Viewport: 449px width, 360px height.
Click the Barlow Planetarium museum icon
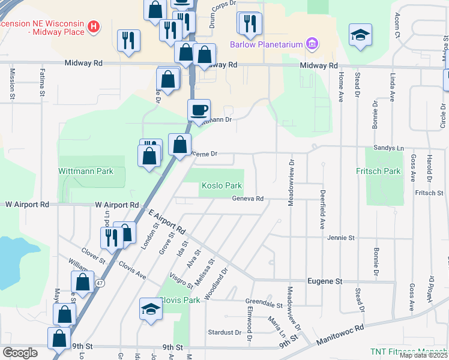[x=312, y=44]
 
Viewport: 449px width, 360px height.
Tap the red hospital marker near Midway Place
[x=94, y=26]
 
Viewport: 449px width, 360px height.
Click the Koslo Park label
[x=221, y=186]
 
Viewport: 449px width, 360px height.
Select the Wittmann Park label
[x=86, y=171]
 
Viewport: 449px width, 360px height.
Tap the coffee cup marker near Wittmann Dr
[x=199, y=110]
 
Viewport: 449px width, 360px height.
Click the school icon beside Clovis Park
[x=151, y=309]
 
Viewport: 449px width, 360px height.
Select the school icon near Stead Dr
[x=361, y=35]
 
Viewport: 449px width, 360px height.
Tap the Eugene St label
[x=324, y=281]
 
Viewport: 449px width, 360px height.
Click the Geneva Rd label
[x=248, y=199]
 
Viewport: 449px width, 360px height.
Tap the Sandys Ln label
[x=390, y=147]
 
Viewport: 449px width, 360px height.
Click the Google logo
[x=20, y=353]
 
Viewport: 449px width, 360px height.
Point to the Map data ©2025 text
[x=423, y=355]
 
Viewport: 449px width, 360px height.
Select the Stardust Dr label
[x=224, y=332]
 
